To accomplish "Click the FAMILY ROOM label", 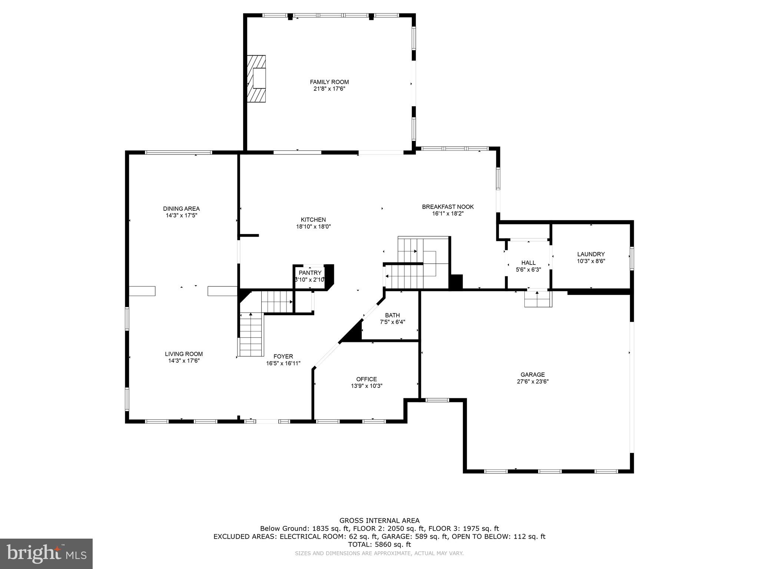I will click(x=329, y=82).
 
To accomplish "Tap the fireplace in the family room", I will click(x=257, y=78).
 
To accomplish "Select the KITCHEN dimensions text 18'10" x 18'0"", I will click(x=313, y=227).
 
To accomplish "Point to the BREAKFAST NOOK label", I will click(x=448, y=207).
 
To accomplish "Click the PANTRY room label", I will click(x=310, y=273).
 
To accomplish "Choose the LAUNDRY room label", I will click(x=591, y=254).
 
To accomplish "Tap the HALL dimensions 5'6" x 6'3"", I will click(x=528, y=270).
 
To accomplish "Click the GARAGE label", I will click(x=533, y=375).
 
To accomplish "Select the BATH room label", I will click(x=392, y=315).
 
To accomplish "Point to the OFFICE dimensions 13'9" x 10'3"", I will click(x=367, y=386).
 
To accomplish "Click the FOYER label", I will click(x=283, y=357).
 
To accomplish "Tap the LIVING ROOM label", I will click(x=184, y=354).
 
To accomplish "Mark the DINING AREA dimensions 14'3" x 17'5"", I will click(x=182, y=215).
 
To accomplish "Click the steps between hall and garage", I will click(x=538, y=299).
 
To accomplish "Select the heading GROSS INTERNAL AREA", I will click(x=379, y=520).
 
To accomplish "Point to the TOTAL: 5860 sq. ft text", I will click(x=379, y=545).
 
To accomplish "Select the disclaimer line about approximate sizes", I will click(x=379, y=553).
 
